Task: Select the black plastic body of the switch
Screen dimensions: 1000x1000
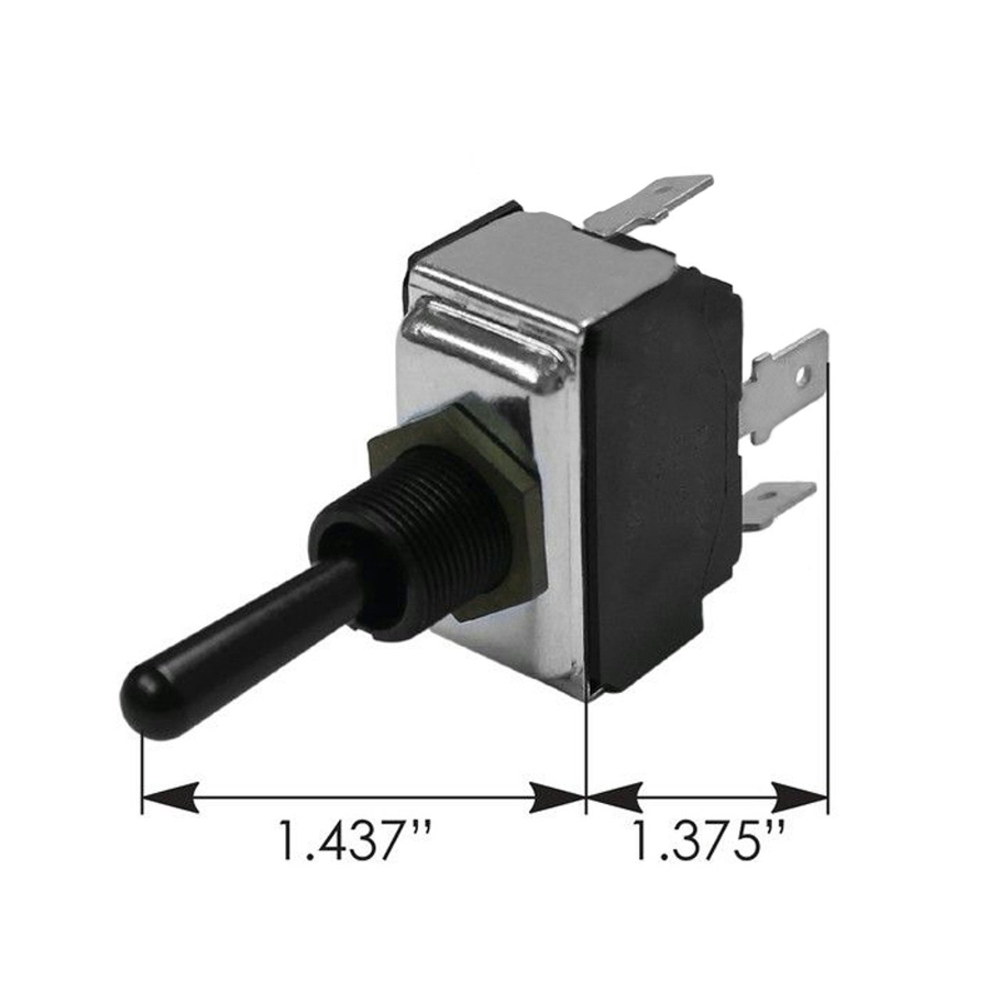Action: [x=664, y=469]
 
